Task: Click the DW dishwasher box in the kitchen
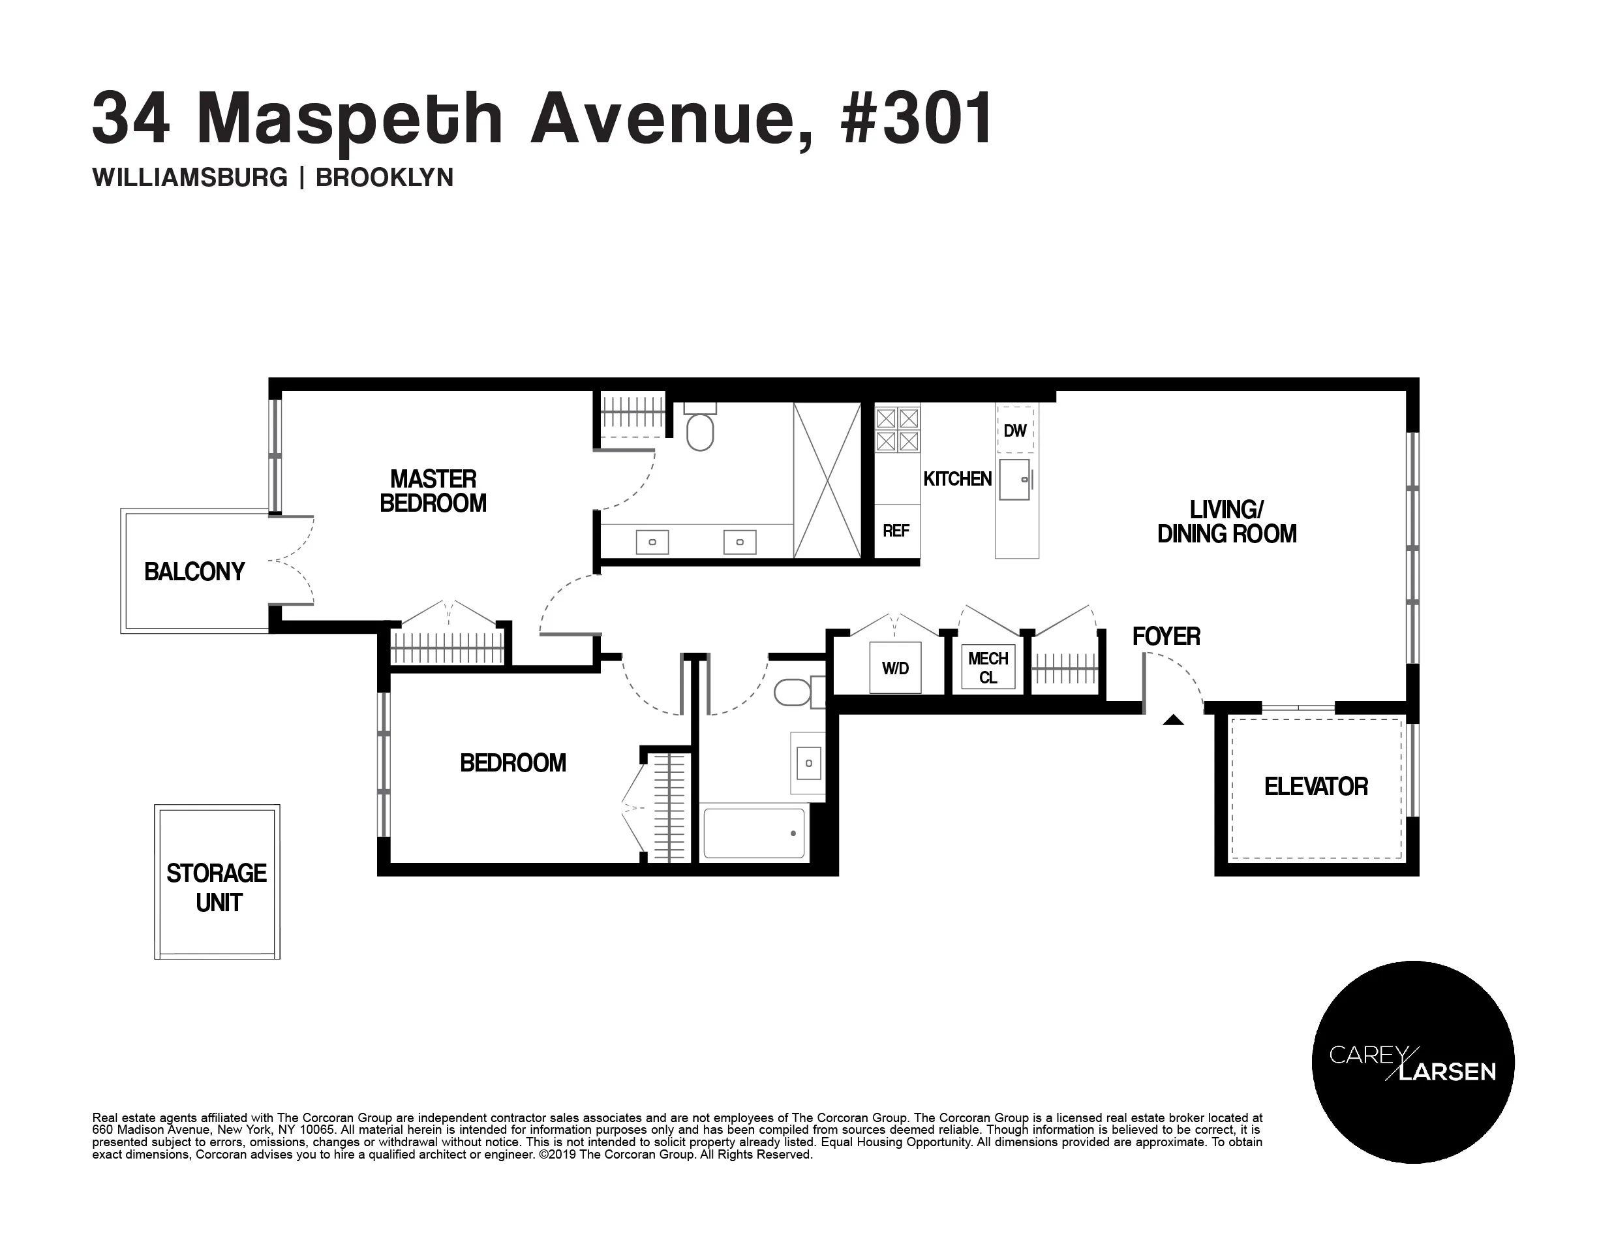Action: tap(1015, 430)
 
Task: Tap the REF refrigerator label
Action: tap(896, 531)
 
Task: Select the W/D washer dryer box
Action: tap(895, 668)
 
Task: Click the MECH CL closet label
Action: tap(988, 668)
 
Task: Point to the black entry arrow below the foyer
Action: tap(1173, 719)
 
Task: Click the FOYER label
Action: tap(1166, 636)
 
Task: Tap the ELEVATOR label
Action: tap(1315, 787)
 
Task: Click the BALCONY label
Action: tap(194, 572)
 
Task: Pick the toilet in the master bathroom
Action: tap(700, 430)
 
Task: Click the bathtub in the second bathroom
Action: tap(754, 834)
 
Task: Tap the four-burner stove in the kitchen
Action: tap(897, 430)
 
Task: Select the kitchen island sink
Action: tap(1014, 479)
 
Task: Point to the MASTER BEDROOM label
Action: tap(433, 491)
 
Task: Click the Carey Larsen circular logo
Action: tap(1412, 1062)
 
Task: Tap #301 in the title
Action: tap(917, 118)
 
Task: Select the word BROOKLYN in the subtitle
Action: tap(384, 178)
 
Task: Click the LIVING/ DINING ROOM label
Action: tap(1226, 522)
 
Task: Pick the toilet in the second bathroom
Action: tap(793, 693)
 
